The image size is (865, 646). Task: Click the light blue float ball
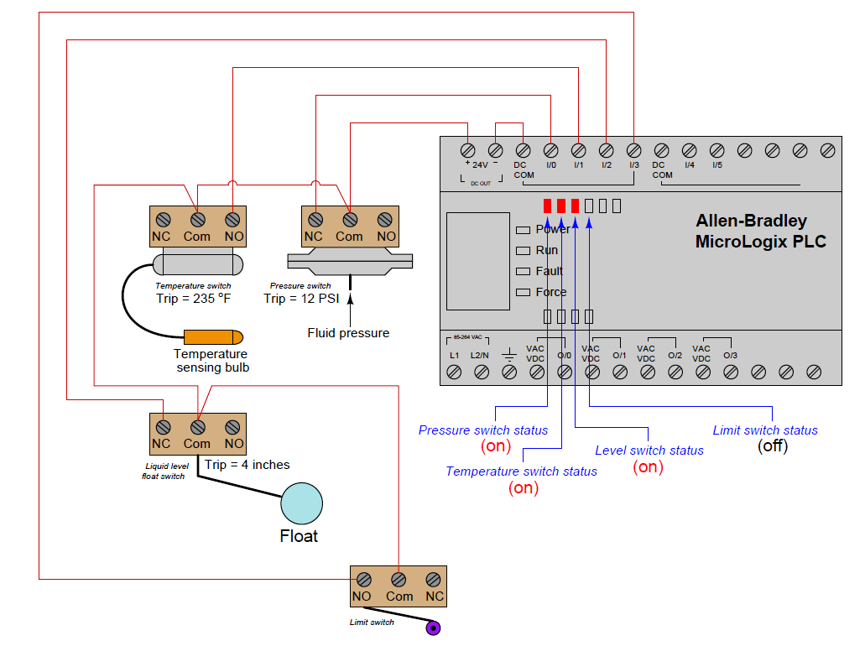[301, 503]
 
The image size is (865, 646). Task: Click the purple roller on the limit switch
[433, 628]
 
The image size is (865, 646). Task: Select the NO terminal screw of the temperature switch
[233, 219]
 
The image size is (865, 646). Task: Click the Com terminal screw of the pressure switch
[350, 219]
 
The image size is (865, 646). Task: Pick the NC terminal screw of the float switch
[162, 426]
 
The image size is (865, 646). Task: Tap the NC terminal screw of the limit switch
[434, 579]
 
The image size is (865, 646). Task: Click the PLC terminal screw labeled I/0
[550, 150]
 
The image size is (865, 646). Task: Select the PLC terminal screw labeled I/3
[633, 150]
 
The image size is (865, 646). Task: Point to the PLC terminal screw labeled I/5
[716, 150]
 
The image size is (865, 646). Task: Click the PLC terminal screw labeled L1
[454, 372]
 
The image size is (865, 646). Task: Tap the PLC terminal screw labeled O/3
[730, 372]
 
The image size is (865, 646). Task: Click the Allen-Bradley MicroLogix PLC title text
[760, 232]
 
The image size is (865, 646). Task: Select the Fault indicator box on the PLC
[523, 271]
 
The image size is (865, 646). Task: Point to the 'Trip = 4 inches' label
[248, 464]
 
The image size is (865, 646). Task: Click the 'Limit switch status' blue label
[764, 430]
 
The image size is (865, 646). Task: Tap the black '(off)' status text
[773, 446]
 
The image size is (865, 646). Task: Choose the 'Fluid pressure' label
[348, 333]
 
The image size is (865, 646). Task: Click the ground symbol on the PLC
[508, 355]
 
